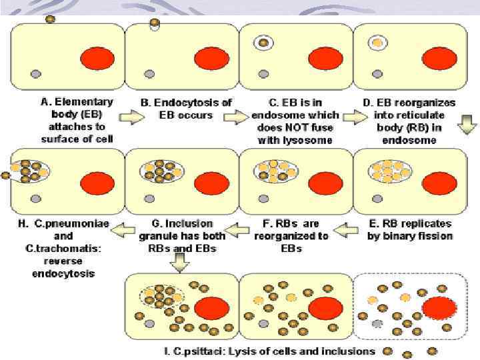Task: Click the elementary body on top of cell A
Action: coord(49,19)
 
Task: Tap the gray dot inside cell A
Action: coord(35,72)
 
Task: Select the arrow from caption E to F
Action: coord(343,231)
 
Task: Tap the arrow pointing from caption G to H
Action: coord(123,231)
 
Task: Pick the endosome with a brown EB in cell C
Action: coord(264,43)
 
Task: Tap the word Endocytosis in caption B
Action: coord(199,103)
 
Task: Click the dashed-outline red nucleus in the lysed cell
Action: coord(441,308)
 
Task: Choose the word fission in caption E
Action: coord(435,236)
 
